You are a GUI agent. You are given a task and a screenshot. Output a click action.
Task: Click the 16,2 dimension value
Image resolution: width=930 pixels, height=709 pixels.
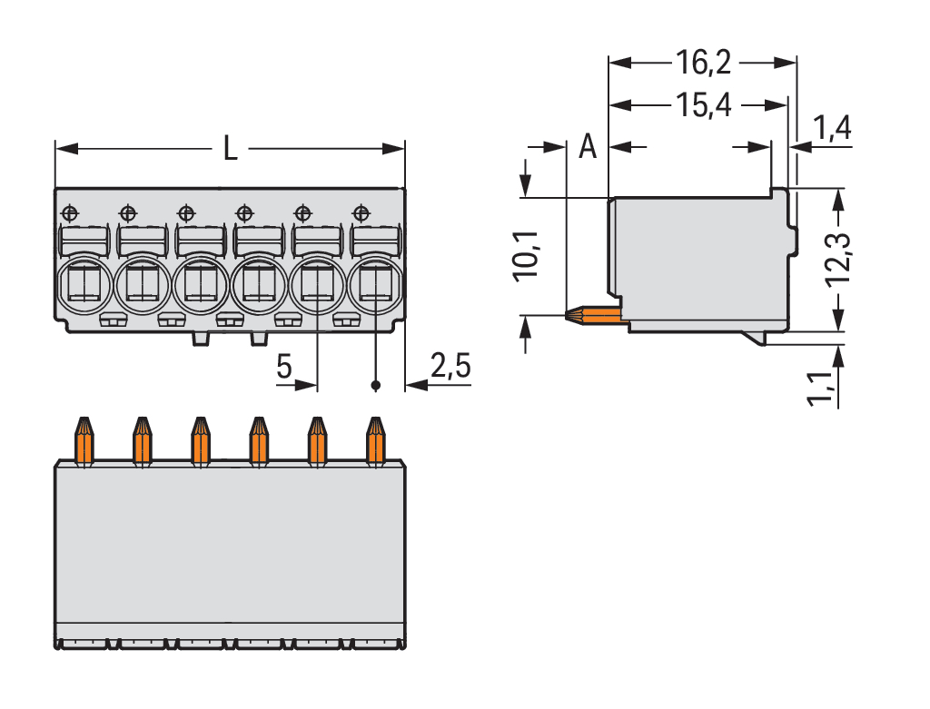pyautogui.click(x=703, y=63)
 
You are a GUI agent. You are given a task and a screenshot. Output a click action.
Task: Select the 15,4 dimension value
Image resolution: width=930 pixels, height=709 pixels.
pyautogui.click(x=703, y=105)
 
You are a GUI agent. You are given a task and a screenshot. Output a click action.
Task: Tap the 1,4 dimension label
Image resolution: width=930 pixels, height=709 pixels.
pyautogui.click(x=832, y=127)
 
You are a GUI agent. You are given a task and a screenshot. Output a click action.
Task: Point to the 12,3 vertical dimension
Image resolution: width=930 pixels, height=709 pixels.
pyautogui.click(x=839, y=259)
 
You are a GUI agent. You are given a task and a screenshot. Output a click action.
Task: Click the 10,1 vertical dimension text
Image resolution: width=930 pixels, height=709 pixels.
pyautogui.click(x=526, y=255)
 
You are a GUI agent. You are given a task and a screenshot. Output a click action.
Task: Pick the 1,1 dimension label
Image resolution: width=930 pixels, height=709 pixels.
pyautogui.click(x=820, y=389)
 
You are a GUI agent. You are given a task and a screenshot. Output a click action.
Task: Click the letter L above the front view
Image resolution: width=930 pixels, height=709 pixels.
pyautogui.click(x=231, y=148)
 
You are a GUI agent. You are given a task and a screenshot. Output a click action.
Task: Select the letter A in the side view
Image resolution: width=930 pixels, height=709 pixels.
pyautogui.click(x=588, y=146)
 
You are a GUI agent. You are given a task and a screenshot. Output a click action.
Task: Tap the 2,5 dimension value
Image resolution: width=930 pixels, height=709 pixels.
pyautogui.click(x=450, y=365)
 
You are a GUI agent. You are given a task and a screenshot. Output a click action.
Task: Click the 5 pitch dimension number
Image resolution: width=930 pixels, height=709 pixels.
pyautogui.click(x=284, y=366)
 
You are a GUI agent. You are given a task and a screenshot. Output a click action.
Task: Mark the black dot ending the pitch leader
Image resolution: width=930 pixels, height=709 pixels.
pyautogui.click(x=375, y=386)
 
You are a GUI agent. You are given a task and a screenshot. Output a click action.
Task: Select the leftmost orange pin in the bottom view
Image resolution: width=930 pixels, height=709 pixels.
pyautogui.click(x=84, y=441)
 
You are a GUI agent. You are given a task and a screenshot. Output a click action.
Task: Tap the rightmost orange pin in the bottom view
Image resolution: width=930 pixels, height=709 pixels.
pyautogui.click(x=376, y=441)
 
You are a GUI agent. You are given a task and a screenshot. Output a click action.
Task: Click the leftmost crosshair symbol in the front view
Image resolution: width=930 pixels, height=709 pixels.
pyautogui.click(x=70, y=212)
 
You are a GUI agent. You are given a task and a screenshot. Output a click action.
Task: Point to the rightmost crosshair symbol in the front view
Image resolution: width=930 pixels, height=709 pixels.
pyautogui.click(x=361, y=212)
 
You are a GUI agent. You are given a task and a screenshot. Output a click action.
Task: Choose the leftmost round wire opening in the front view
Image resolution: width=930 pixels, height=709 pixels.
pyautogui.click(x=84, y=284)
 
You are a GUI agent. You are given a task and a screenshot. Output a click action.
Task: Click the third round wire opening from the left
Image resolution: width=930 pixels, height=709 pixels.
pyautogui.click(x=201, y=284)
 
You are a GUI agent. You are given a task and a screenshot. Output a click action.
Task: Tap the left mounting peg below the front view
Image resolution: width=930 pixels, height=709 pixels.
pyautogui.click(x=201, y=338)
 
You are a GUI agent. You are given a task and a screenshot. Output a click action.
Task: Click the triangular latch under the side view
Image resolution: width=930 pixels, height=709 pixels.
pyautogui.click(x=755, y=338)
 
